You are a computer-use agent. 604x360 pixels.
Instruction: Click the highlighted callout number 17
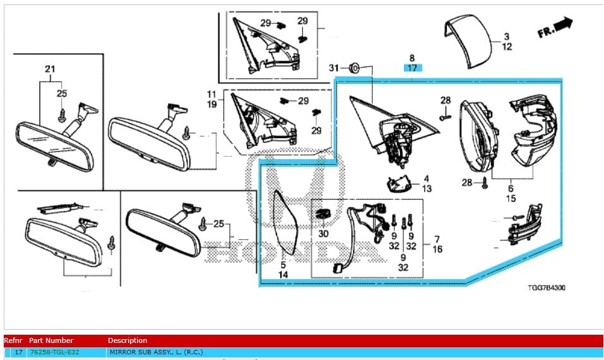tap(412, 68)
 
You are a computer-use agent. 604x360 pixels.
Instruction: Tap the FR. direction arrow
tap(555, 28)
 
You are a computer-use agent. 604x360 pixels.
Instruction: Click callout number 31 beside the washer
tap(334, 68)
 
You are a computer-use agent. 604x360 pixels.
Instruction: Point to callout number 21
tap(50, 68)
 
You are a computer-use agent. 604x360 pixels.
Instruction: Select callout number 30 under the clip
tap(324, 233)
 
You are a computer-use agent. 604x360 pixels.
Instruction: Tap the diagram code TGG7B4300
tap(547, 288)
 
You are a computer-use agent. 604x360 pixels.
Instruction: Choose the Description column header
tap(127, 340)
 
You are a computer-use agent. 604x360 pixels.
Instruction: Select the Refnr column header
tap(13, 340)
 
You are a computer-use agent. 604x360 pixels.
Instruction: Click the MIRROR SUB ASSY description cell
tap(156, 352)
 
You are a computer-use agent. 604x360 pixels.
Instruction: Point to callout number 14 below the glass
tap(283, 275)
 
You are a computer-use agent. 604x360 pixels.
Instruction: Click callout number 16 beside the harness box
tap(437, 249)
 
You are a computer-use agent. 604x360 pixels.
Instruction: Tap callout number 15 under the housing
tap(511, 198)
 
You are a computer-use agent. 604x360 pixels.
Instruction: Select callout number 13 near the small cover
tap(427, 189)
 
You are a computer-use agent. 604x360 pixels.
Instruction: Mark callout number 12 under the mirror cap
tap(507, 47)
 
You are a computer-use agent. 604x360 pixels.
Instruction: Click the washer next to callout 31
tap(354, 67)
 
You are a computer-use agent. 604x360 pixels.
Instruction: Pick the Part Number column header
tap(51, 340)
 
